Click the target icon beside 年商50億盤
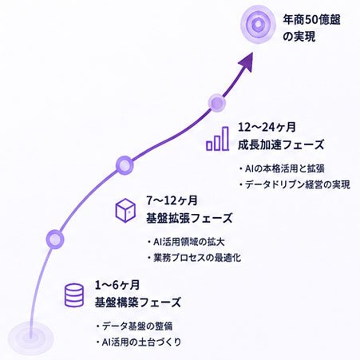258,25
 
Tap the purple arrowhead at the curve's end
246,63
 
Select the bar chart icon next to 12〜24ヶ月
218,139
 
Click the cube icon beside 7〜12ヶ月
125,210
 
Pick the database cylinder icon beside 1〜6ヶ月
74,295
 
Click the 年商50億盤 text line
311,20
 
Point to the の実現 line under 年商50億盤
299,37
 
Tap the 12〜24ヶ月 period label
267,127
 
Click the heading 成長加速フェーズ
281,145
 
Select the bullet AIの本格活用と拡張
282,168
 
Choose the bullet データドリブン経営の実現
295,184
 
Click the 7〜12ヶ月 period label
172,200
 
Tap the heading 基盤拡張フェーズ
189,218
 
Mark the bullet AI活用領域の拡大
186,242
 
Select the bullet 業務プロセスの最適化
194,258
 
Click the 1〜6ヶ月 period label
117,285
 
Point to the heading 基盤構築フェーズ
138,303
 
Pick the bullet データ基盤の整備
134,326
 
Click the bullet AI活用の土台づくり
138,342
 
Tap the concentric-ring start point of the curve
30,338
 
